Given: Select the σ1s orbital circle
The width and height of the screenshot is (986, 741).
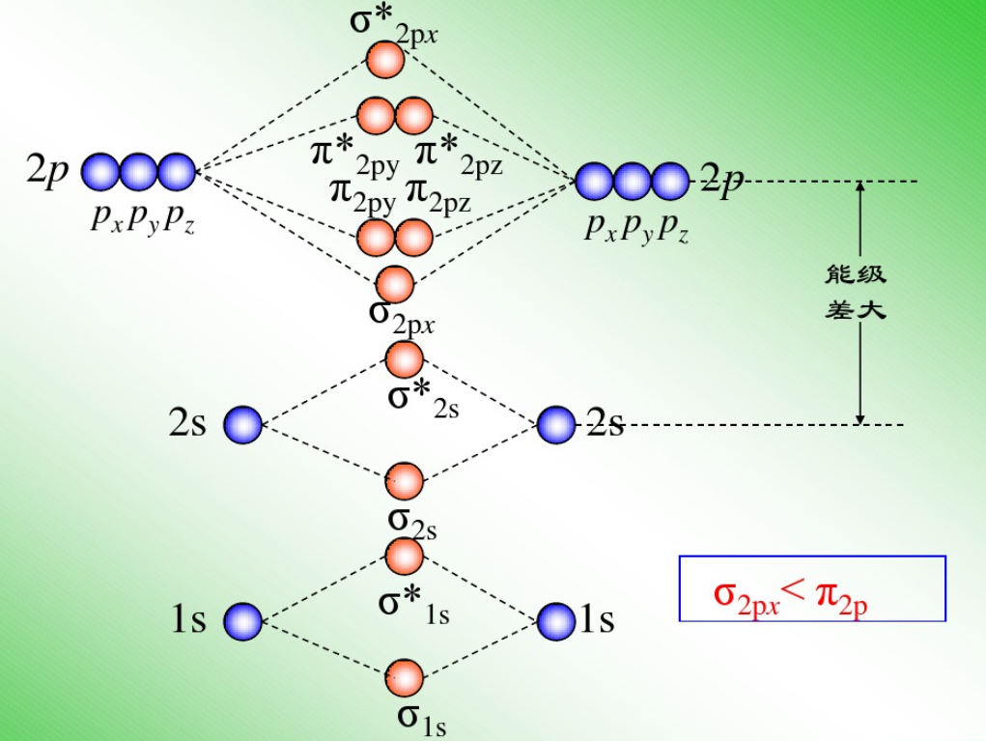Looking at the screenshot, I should point(405,677).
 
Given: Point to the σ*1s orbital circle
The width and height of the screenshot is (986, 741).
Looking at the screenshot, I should point(405,556).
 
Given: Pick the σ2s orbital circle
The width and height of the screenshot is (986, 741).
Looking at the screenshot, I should point(405,480).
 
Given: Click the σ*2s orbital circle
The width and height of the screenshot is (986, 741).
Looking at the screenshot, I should point(405,359).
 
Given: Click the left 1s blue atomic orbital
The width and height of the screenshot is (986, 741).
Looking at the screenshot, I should point(243,620).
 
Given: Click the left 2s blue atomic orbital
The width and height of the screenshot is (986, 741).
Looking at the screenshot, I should point(243,425).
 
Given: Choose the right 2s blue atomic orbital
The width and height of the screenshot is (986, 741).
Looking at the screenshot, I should point(556,424).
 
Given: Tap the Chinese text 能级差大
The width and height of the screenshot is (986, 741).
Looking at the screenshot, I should point(856,293).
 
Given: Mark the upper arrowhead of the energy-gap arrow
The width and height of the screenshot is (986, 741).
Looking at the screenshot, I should point(859,187).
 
